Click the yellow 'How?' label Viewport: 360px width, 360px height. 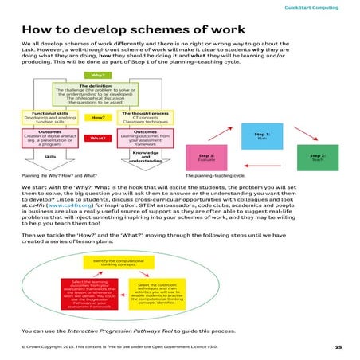(99, 117)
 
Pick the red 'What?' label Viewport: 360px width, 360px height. (99, 137)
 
